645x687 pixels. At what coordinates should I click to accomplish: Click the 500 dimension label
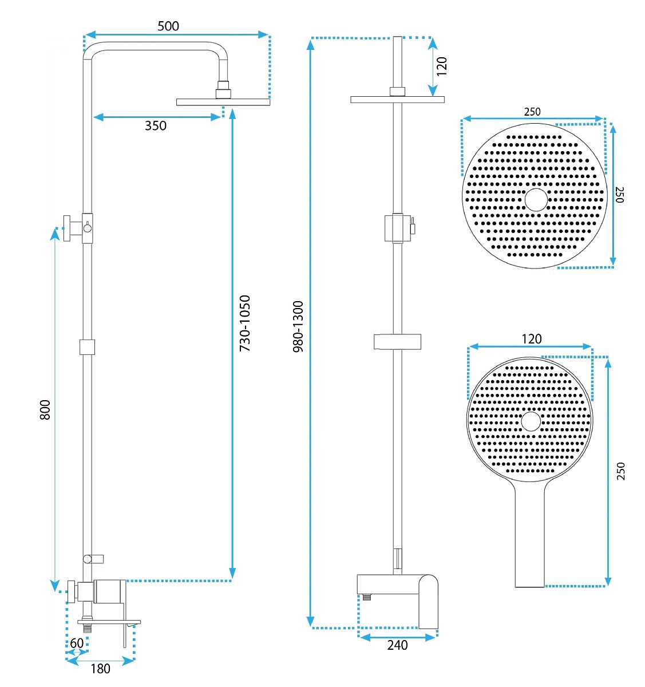[x=168, y=26]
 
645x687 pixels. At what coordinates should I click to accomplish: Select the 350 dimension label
[x=156, y=125]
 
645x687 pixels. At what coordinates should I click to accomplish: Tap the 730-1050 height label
[x=245, y=323]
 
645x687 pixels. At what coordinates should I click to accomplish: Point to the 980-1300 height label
[x=298, y=326]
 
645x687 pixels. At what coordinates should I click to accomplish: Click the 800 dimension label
[x=45, y=410]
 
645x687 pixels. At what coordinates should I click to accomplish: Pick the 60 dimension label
[x=77, y=643]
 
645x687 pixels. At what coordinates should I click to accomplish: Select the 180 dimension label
[x=100, y=668]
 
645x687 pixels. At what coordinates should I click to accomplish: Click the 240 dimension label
[x=397, y=645]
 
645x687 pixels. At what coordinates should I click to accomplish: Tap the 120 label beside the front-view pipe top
[x=441, y=66]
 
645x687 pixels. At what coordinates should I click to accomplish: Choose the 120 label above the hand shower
[x=531, y=339]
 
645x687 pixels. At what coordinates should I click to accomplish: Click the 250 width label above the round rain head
[x=532, y=112]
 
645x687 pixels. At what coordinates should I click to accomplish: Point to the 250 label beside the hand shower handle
[x=621, y=471]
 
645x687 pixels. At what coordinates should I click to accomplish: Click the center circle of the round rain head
[x=536, y=199]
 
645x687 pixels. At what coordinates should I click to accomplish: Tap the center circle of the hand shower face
[x=531, y=421]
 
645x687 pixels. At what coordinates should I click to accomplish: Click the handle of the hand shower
[x=530, y=538]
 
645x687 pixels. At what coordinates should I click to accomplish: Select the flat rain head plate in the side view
[x=223, y=102]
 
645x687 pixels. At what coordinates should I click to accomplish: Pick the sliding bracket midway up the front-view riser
[x=398, y=341]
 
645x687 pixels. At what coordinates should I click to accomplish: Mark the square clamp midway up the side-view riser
[x=87, y=347]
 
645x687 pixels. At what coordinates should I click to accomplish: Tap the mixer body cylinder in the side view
[x=110, y=591]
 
